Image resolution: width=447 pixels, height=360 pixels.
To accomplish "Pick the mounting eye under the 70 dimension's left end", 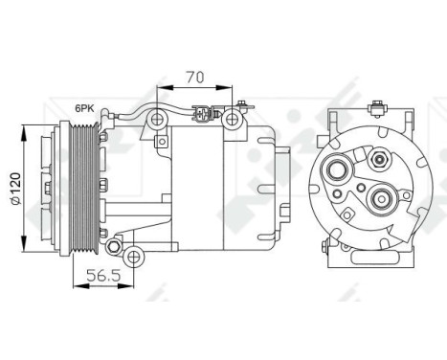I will point(156,120).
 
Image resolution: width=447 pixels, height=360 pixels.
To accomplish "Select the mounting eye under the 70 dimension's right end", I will point(231,120).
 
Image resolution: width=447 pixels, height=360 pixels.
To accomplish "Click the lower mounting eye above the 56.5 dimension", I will point(135,254).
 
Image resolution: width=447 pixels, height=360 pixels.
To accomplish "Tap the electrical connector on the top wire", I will point(199,121).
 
